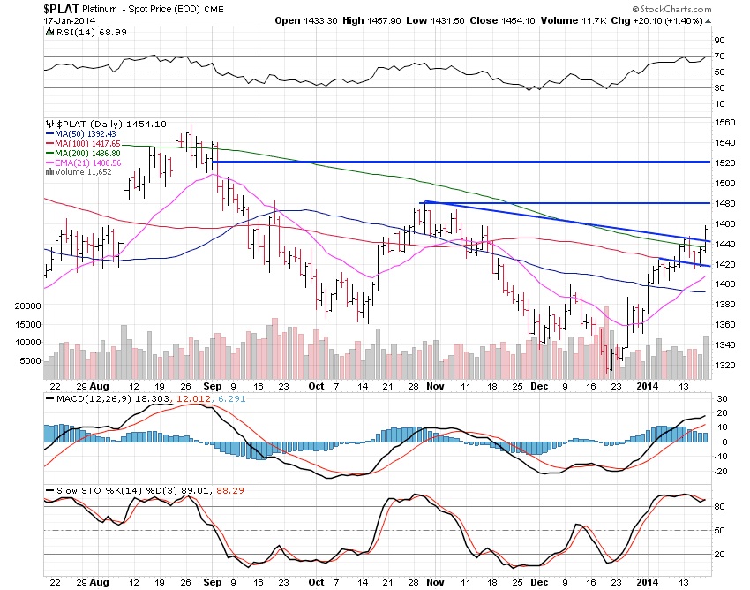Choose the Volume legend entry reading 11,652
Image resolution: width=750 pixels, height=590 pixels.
pos(86,172)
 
